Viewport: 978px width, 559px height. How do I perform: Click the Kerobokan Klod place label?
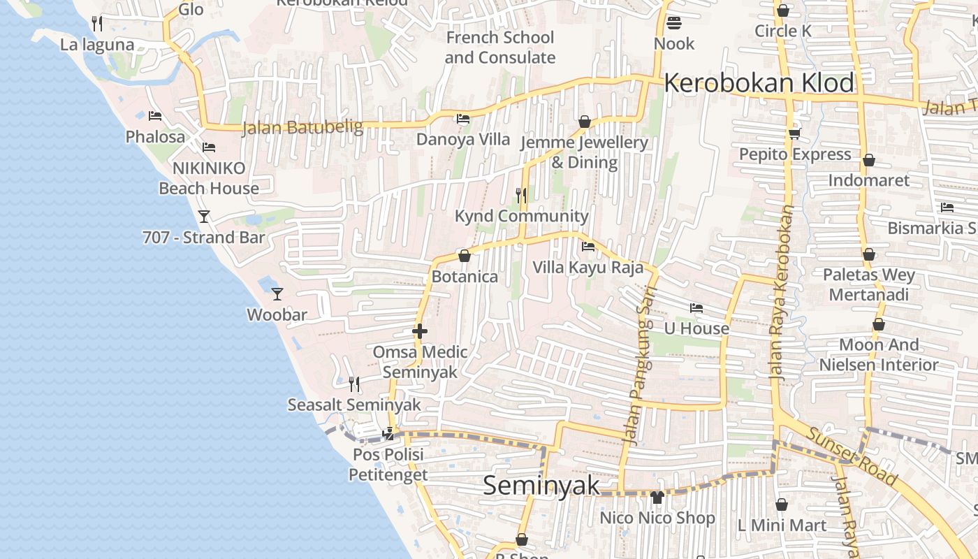pos(759,83)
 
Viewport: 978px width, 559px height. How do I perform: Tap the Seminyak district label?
pos(541,485)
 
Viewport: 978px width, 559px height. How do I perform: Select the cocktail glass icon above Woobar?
pos(277,294)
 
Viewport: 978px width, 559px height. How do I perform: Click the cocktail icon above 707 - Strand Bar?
pos(203,217)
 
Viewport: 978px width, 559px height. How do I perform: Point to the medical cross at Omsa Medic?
pos(420,331)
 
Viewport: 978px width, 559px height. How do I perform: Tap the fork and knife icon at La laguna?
pos(97,24)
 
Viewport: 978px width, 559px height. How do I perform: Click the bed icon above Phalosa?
pos(155,116)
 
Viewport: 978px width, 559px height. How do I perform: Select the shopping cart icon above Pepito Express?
pos(794,133)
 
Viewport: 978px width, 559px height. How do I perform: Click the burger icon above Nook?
pos(674,23)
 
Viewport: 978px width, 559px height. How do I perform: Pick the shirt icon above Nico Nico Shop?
pos(657,498)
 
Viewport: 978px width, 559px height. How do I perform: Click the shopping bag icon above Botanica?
pos(464,256)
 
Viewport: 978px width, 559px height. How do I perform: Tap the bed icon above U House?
pos(696,308)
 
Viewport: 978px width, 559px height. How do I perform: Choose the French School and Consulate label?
pos(500,48)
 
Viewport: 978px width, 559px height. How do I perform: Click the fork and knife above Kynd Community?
pos(520,196)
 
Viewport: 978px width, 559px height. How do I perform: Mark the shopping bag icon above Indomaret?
pos(868,161)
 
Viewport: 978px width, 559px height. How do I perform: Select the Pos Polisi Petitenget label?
pos(388,465)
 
